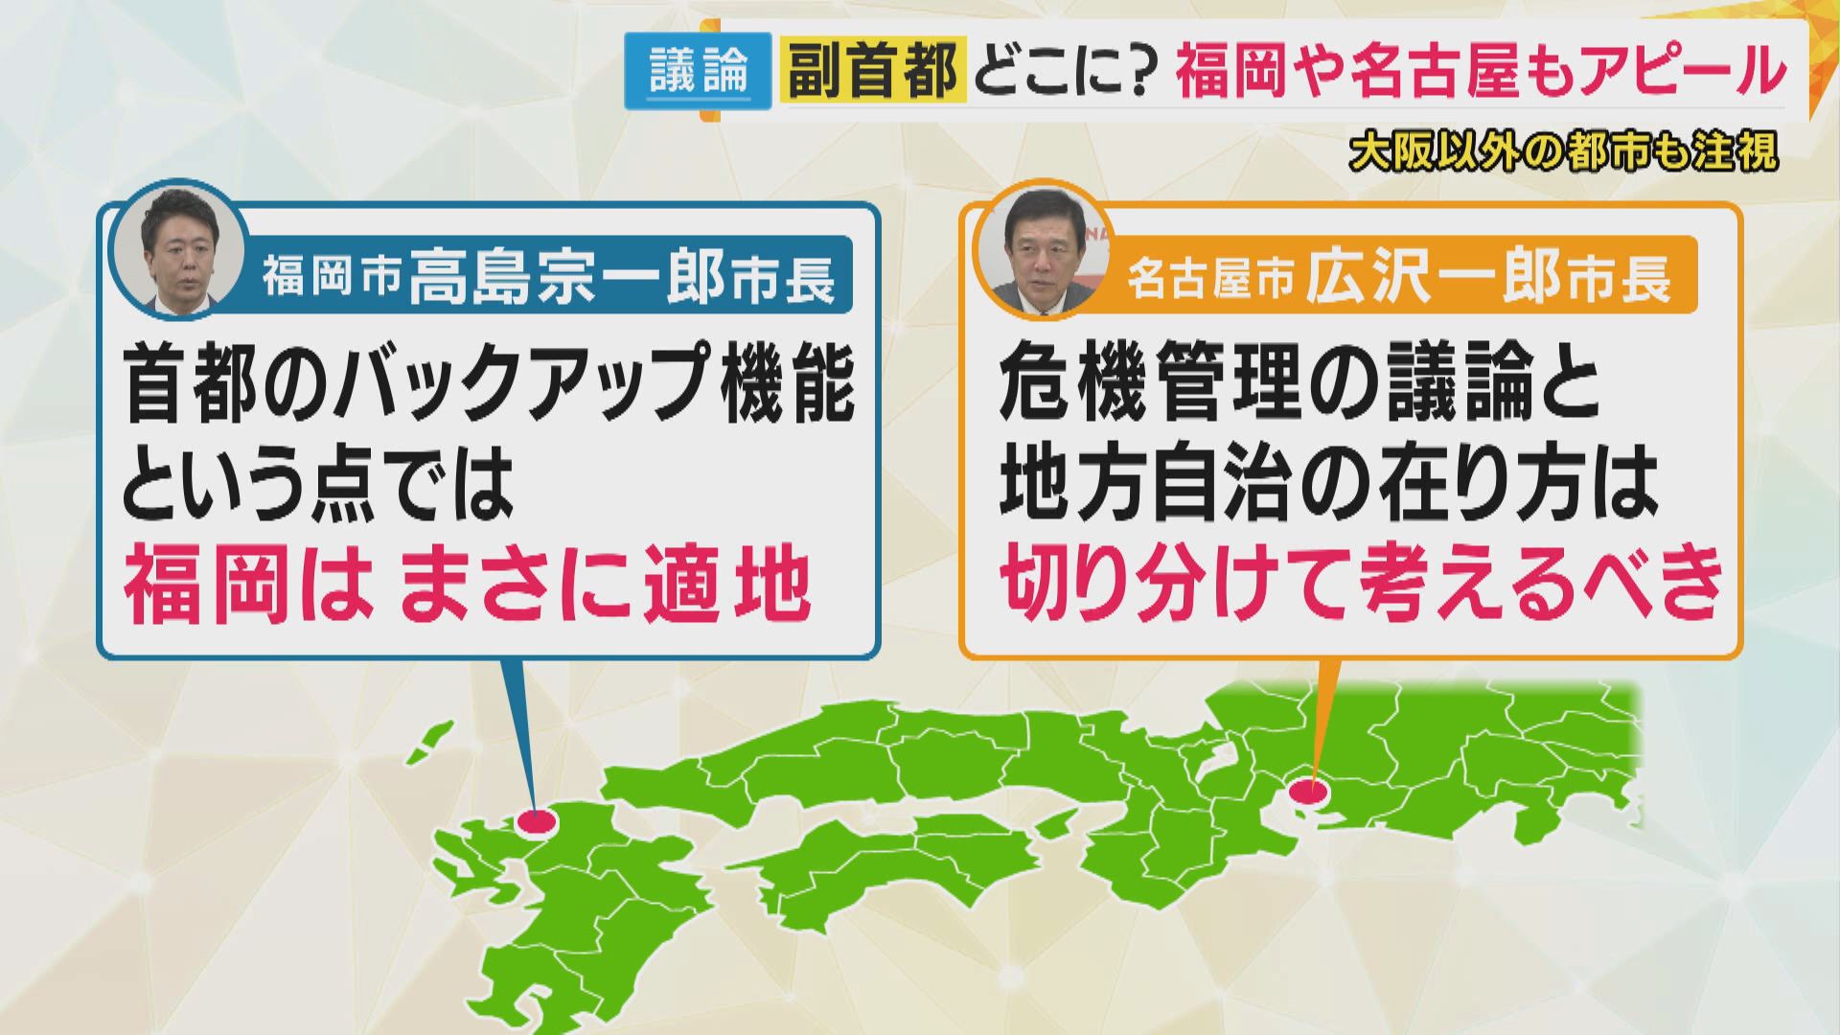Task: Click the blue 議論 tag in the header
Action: [x=699, y=72]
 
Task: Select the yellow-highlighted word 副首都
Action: [x=870, y=72]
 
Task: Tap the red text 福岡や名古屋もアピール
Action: [x=1481, y=72]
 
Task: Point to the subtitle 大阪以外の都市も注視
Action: [x=1563, y=151]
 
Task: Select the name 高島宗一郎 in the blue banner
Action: [x=566, y=276]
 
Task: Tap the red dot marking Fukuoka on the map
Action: [x=536, y=821]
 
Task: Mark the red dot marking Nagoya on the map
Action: [x=1308, y=792]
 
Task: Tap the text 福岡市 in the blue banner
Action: [x=331, y=279]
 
